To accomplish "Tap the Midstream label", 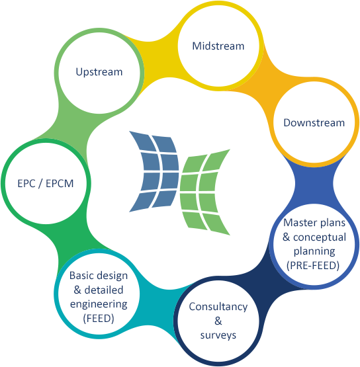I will [218, 46].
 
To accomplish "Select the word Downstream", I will [314, 122].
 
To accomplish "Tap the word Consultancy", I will [218, 307].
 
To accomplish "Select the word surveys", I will [218, 335].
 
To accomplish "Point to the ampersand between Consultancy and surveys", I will [218, 321].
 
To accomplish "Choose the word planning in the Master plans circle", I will [314, 251].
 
